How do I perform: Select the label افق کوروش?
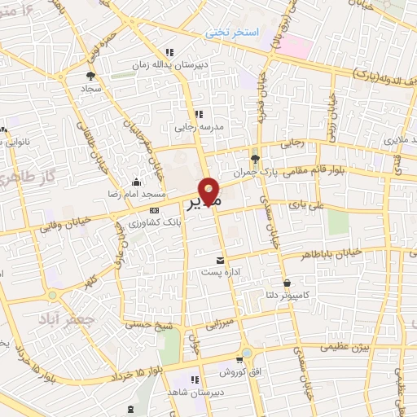pyautogui.click(x=238, y=372)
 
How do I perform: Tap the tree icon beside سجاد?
pyautogui.click(x=90, y=75)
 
